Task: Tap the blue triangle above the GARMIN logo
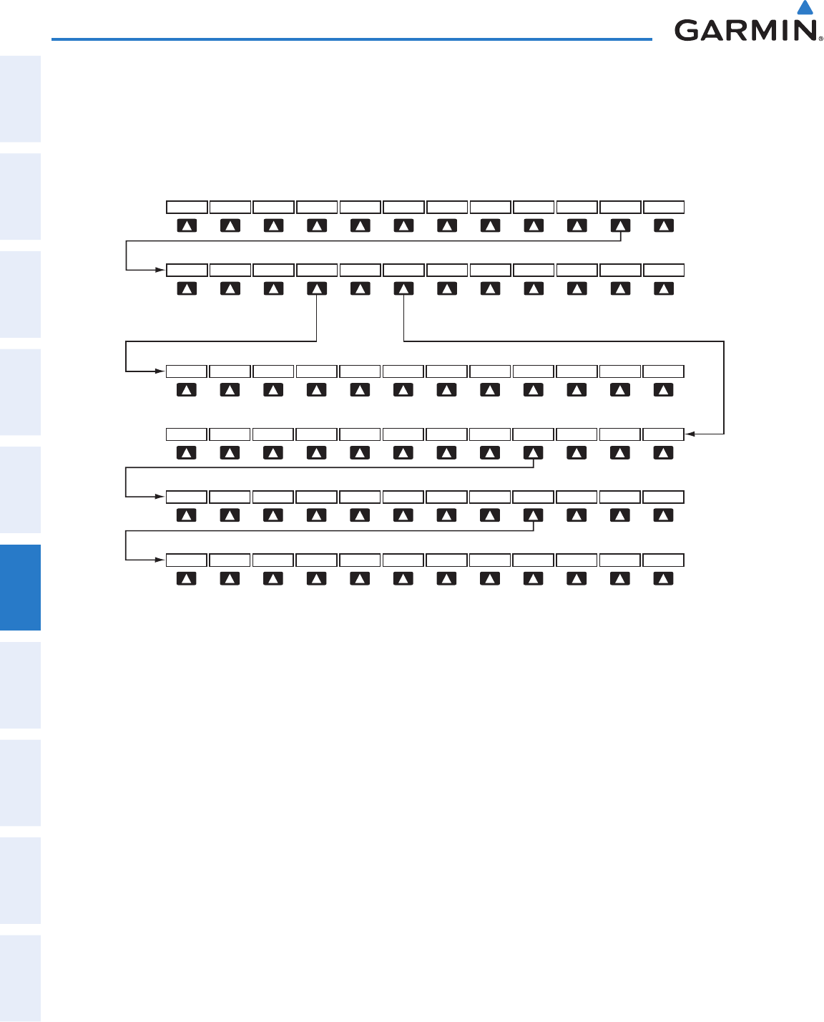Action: pyautogui.click(x=805, y=8)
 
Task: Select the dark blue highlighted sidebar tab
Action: pyautogui.click(x=20, y=587)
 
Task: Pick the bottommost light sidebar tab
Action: pyautogui.click(x=20, y=978)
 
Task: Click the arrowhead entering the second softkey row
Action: pyautogui.click(x=160, y=270)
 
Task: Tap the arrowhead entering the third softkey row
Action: pyautogui.click(x=160, y=371)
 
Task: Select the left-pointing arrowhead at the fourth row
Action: pyautogui.click(x=689, y=434)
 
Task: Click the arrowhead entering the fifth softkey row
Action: pyautogui.click(x=160, y=497)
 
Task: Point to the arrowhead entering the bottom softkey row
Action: pyautogui.click(x=160, y=560)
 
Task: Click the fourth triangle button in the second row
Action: pyautogui.click(x=317, y=288)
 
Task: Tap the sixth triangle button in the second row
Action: pyautogui.click(x=404, y=288)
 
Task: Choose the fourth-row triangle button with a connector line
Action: pyautogui.click(x=533, y=452)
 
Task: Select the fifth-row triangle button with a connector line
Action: pyautogui.click(x=533, y=515)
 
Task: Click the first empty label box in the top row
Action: pyautogui.click(x=187, y=207)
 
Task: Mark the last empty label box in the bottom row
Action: pyautogui.click(x=663, y=560)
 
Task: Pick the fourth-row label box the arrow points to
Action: pyautogui.click(x=663, y=434)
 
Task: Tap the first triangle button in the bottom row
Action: pyautogui.click(x=187, y=578)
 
